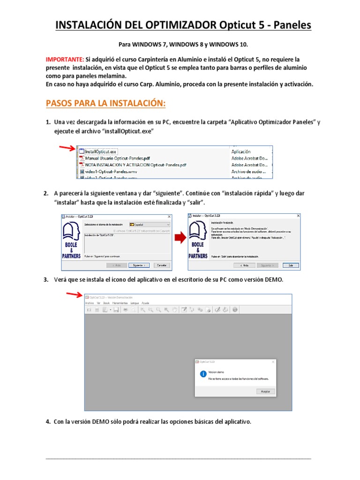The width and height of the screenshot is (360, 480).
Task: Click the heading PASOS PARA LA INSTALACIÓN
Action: (105, 103)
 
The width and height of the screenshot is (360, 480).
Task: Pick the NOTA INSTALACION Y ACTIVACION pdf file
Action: (135, 165)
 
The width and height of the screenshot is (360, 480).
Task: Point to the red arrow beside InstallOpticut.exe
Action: (67, 148)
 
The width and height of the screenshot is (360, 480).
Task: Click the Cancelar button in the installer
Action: (162, 265)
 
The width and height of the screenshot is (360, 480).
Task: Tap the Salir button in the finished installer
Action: (290, 265)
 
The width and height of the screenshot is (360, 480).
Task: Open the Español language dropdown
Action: (149, 225)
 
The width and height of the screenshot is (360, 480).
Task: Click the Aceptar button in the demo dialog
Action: (265, 391)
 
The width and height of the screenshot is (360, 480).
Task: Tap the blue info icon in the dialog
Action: (203, 374)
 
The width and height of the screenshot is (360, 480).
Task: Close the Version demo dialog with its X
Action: (272, 362)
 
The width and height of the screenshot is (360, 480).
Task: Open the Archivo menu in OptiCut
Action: (89, 303)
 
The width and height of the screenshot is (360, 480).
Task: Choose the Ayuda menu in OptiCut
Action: (145, 303)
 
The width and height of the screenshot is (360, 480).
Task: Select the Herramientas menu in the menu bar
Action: (120, 303)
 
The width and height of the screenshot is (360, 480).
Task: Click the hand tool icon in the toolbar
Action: (174, 309)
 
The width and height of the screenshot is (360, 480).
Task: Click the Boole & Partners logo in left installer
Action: (71, 239)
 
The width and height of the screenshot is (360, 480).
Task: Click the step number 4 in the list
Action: (48, 422)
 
